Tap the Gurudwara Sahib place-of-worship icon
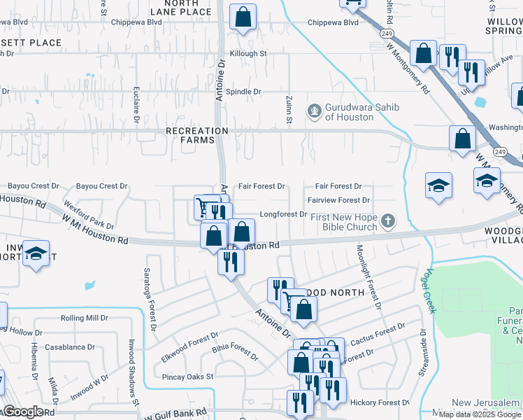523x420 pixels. click(314, 110)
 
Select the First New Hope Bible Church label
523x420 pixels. click(350, 223)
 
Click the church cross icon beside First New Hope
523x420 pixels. click(388, 222)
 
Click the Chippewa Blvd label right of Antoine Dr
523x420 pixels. click(333, 22)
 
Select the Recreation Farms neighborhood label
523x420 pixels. click(197, 135)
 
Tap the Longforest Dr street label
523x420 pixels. click(283, 214)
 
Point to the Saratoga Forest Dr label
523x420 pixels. click(150, 300)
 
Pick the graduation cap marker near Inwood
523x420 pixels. click(36, 253)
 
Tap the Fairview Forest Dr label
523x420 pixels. click(338, 200)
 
